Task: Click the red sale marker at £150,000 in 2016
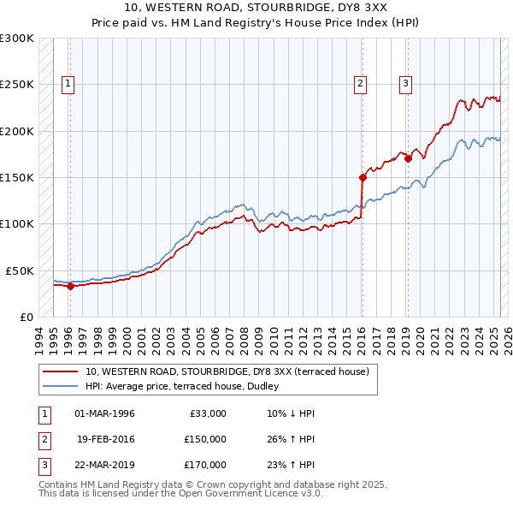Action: tap(363, 178)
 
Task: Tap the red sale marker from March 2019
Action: tap(409, 158)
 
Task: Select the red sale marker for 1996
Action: tap(70, 286)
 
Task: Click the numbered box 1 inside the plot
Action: tap(68, 84)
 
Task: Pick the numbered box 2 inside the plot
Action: tap(361, 84)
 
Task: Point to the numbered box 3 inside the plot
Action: tap(405, 84)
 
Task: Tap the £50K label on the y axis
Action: tap(20, 270)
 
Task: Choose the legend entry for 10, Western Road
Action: tap(227, 371)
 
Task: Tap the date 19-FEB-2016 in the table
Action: tap(105, 439)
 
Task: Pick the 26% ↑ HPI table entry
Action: tap(291, 439)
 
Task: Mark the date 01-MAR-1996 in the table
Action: tap(105, 413)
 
